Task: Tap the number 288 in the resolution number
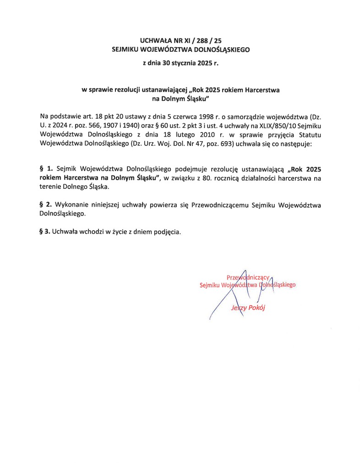tap(201, 41)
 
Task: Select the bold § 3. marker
tap(44, 231)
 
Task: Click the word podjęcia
tap(167, 231)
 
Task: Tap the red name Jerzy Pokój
tap(248, 308)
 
